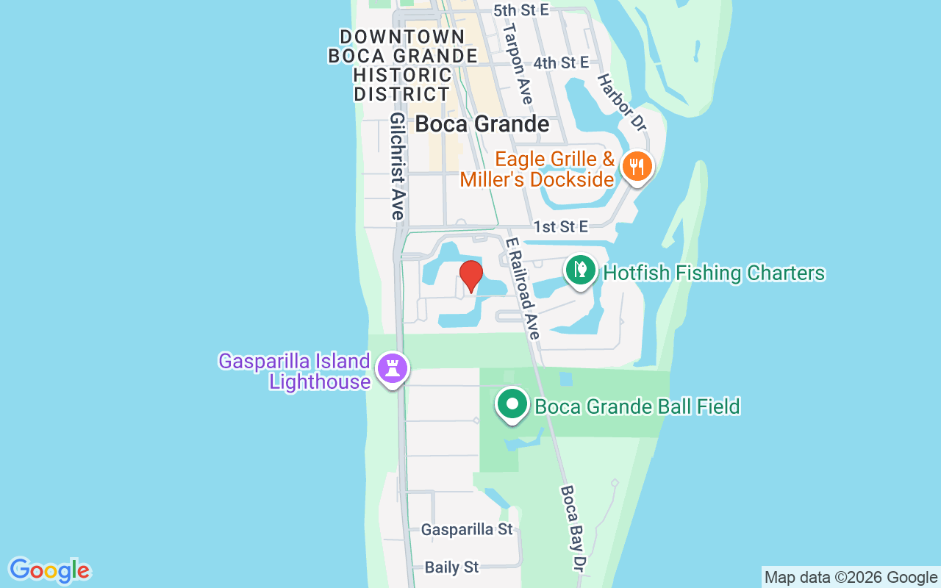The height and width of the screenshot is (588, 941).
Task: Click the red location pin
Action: (470, 276)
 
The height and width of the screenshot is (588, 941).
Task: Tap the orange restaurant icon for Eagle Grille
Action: (637, 166)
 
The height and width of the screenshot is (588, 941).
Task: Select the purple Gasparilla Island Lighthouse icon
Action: (392, 368)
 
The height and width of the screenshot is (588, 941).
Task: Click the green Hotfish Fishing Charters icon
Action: (581, 270)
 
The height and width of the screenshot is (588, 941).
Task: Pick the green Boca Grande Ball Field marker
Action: (512, 404)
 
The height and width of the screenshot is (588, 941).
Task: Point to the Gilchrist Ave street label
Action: (398, 166)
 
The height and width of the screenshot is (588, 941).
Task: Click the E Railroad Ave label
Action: (523, 287)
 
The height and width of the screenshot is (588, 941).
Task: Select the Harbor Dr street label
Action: (621, 102)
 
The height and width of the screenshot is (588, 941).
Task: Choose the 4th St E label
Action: (561, 62)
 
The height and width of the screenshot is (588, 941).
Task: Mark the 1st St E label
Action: (561, 226)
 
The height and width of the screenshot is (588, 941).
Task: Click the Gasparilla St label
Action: (467, 529)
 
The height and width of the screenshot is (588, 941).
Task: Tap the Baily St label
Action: (452, 567)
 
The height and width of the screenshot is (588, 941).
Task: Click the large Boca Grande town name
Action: (482, 123)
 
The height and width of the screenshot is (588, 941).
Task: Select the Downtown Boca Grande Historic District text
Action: (402, 65)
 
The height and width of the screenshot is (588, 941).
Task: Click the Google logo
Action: (50, 570)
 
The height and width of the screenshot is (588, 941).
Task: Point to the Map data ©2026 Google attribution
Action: (851, 577)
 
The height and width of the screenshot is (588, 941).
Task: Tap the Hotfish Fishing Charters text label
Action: (714, 273)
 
